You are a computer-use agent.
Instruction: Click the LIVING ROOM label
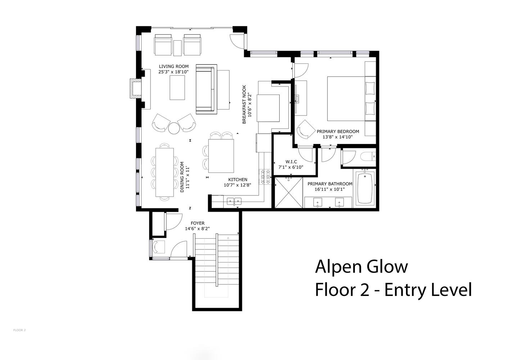tap(174, 66)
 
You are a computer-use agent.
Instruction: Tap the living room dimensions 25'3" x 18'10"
tap(174, 72)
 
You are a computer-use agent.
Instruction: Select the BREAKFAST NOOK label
tap(244, 104)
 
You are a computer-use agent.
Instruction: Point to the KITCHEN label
tap(238, 180)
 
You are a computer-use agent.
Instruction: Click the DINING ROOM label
tap(182, 177)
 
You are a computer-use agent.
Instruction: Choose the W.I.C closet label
tap(291, 162)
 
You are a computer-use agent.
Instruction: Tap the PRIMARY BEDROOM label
tap(338, 131)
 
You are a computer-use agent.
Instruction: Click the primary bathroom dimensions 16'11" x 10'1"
tap(330, 189)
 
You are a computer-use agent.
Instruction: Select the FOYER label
tap(198, 223)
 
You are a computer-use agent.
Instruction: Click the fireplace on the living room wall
tap(136, 89)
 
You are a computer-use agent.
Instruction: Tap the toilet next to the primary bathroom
tap(368, 157)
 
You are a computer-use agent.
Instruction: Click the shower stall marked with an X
tap(289, 193)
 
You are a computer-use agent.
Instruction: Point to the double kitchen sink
tap(234, 201)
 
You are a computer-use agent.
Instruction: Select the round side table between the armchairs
tap(174, 128)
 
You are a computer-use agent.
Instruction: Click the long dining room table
tap(165, 172)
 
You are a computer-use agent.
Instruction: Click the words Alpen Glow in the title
tap(361, 267)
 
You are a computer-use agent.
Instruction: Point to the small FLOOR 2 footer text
tap(19, 330)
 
